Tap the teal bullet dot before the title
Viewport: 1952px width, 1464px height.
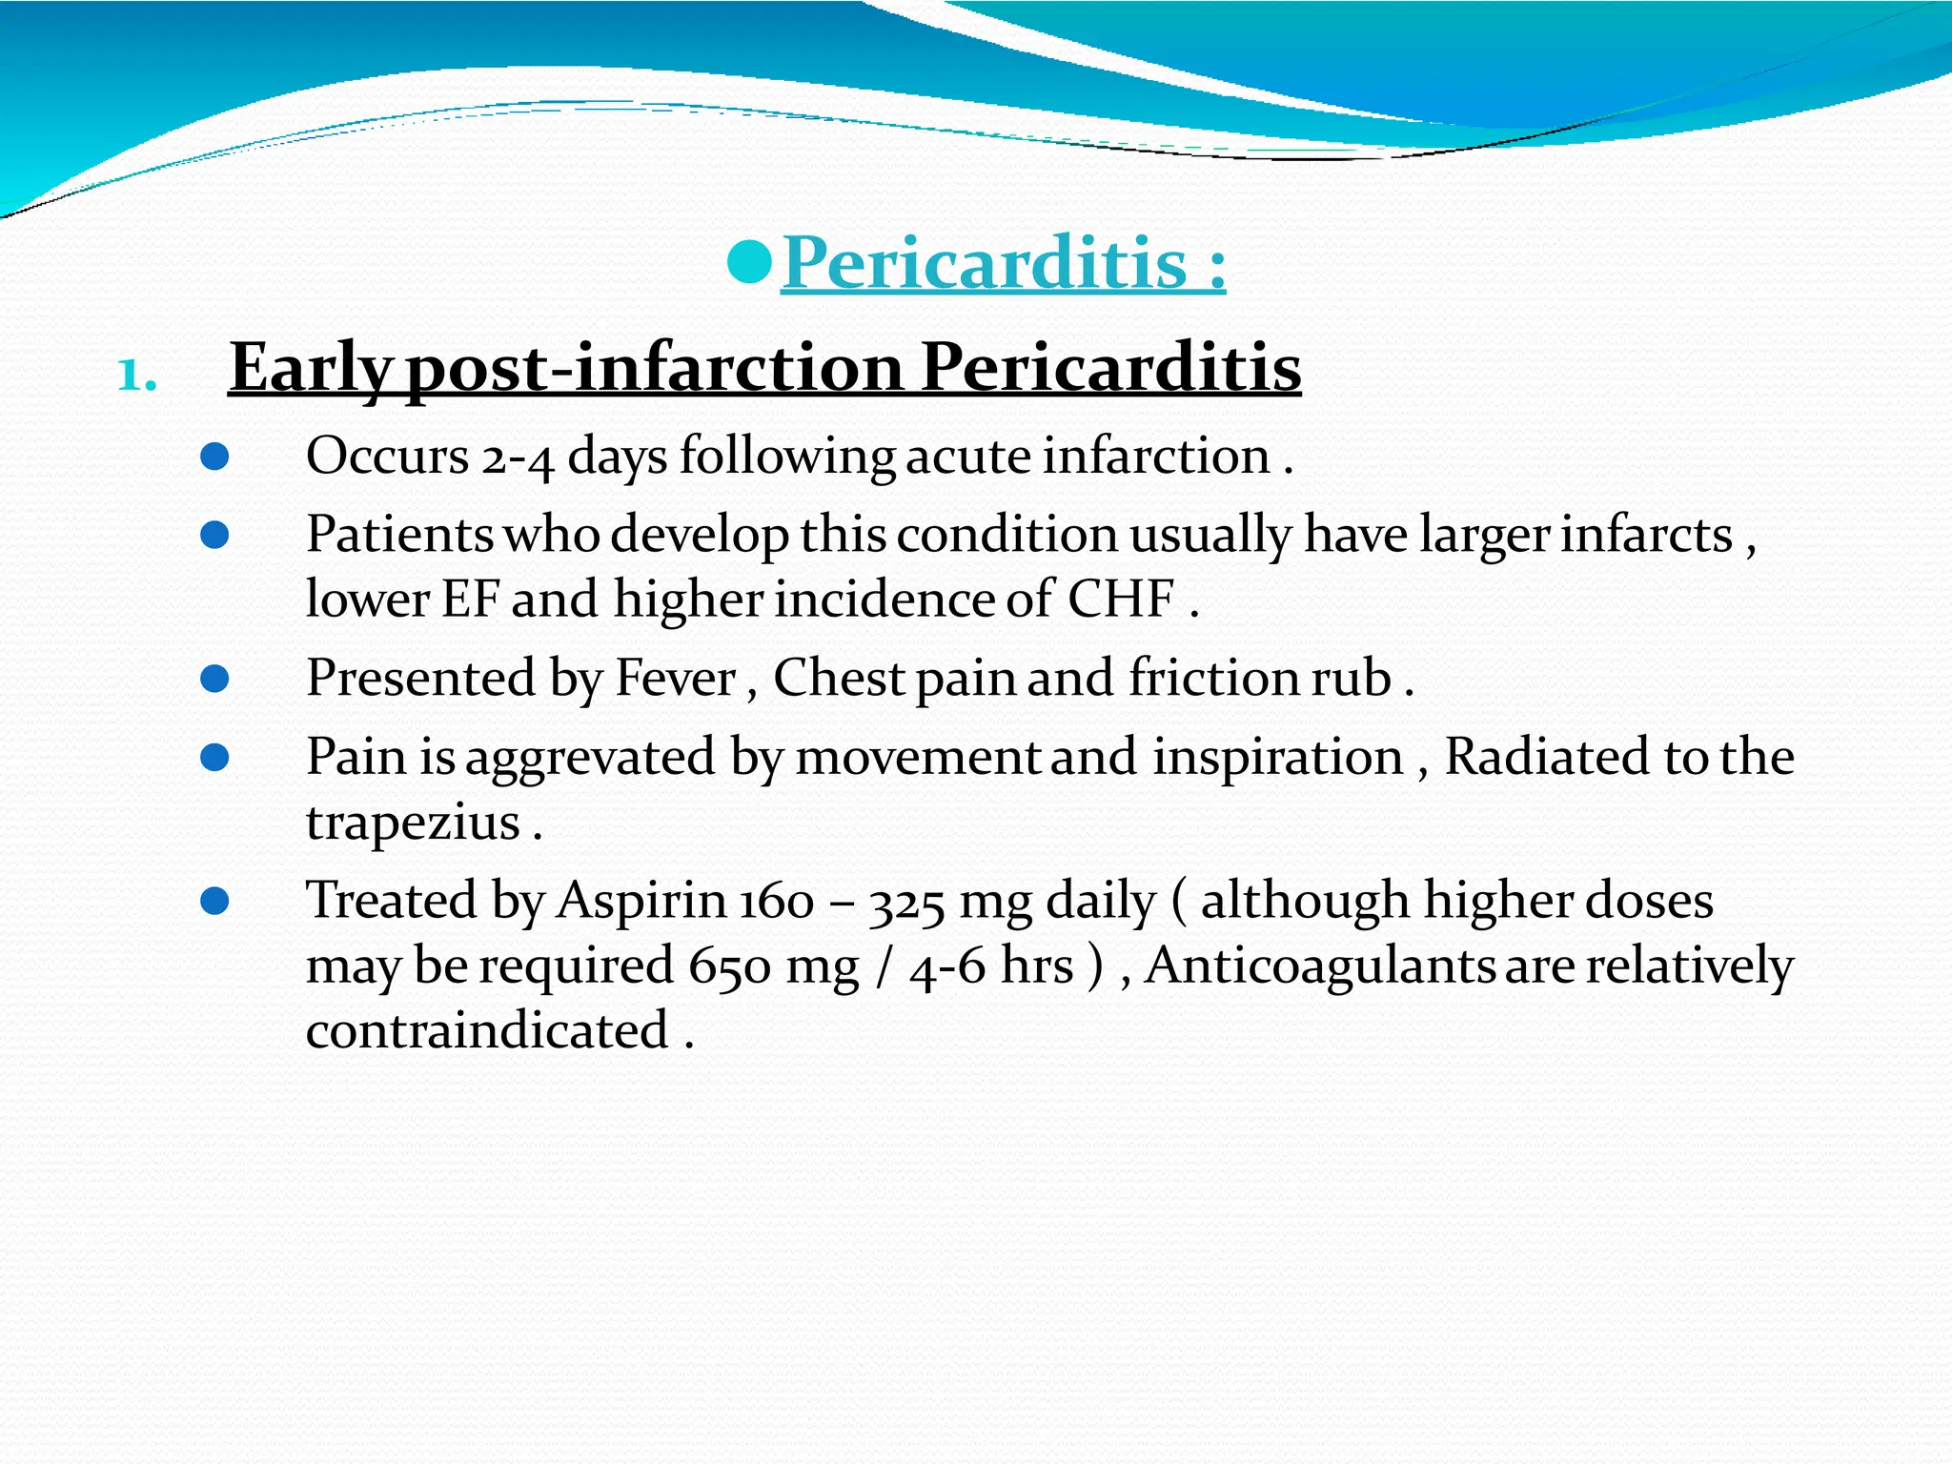tap(748, 262)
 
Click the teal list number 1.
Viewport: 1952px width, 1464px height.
tap(136, 376)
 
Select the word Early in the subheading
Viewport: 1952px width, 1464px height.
tap(310, 368)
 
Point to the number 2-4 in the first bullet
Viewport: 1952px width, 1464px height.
tap(518, 457)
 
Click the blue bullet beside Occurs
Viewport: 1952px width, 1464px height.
tap(215, 457)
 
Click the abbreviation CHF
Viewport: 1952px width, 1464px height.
tap(1120, 600)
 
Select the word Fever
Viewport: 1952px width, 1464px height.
tap(675, 679)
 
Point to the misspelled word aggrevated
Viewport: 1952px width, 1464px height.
tap(590, 758)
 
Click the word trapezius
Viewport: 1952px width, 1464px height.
tap(412, 822)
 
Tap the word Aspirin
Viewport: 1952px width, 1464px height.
tap(640, 901)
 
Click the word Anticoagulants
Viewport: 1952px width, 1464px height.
tap(1319, 966)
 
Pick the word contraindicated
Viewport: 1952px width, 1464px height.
tap(487, 1030)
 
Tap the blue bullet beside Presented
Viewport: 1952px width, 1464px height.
tap(215, 679)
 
